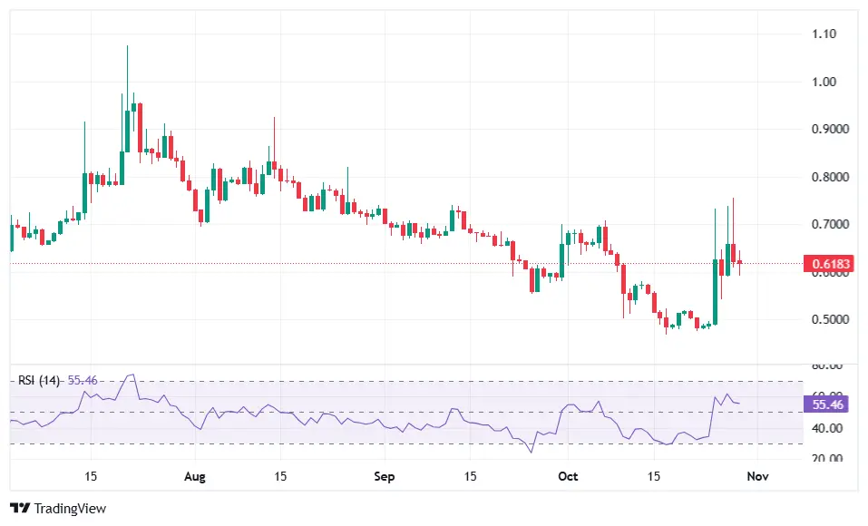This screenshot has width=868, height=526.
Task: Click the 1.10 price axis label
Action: pyautogui.click(x=824, y=34)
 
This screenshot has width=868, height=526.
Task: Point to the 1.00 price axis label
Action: pyautogui.click(x=824, y=82)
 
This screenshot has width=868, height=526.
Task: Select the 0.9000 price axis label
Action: pyautogui.click(x=829, y=130)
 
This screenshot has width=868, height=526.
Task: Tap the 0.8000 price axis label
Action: pyautogui.click(x=829, y=177)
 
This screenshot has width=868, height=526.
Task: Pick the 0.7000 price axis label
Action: pyautogui.click(x=829, y=224)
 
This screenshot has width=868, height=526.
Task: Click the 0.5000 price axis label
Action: pyautogui.click(x=829, y=319)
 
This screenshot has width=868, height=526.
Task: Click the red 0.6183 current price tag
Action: pyautogui.click(x=831, y=265)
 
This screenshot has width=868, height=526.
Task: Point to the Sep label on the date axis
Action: pyautogui.click(x=385, y=475)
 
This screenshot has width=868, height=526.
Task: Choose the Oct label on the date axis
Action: pyautogui.click(x=569, y=475)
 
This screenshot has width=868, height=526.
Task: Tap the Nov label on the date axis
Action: pyautogui.click(x=758, y=475)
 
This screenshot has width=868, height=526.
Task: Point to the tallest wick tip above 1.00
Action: pyautogui.click(x=127, y=46)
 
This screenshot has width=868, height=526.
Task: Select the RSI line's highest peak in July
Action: pyautogui.click(x=132, y=374)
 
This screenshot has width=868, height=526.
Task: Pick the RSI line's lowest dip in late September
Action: pyautogui.click(x=532, y=452)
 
